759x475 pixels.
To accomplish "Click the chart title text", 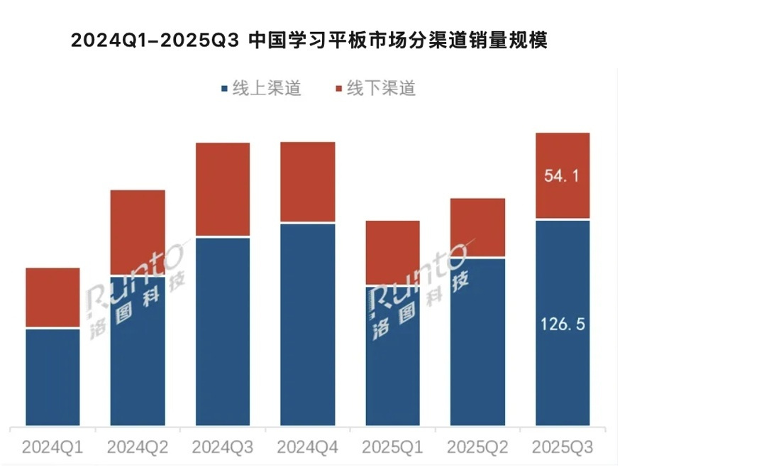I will (x=309, y=40).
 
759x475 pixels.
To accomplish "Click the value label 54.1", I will (x=562, y=175).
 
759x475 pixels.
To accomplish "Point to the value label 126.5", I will (x=562, y=324).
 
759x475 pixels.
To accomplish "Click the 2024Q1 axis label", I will (x=52, y=448).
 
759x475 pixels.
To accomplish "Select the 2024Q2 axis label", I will (x=138, y=448).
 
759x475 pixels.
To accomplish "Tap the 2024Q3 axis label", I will (x=223, y=448).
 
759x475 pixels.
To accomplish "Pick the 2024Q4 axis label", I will (x=308, y=448).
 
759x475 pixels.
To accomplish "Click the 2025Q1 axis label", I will (x=392, y=448).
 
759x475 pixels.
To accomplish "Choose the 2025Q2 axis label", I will (x=477, y=448).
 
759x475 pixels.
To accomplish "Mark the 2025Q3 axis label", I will (x=563, y=448).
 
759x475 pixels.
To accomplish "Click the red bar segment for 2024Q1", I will (x=52, y=297).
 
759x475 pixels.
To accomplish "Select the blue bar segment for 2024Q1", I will (x=52, y=377).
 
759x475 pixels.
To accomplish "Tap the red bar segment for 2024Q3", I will (x=223, y=189).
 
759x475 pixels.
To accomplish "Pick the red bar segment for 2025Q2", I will (x=477, y=227).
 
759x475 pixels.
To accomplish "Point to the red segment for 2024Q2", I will (x=138, y=232).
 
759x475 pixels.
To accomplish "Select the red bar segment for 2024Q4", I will (x=308, y=182).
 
